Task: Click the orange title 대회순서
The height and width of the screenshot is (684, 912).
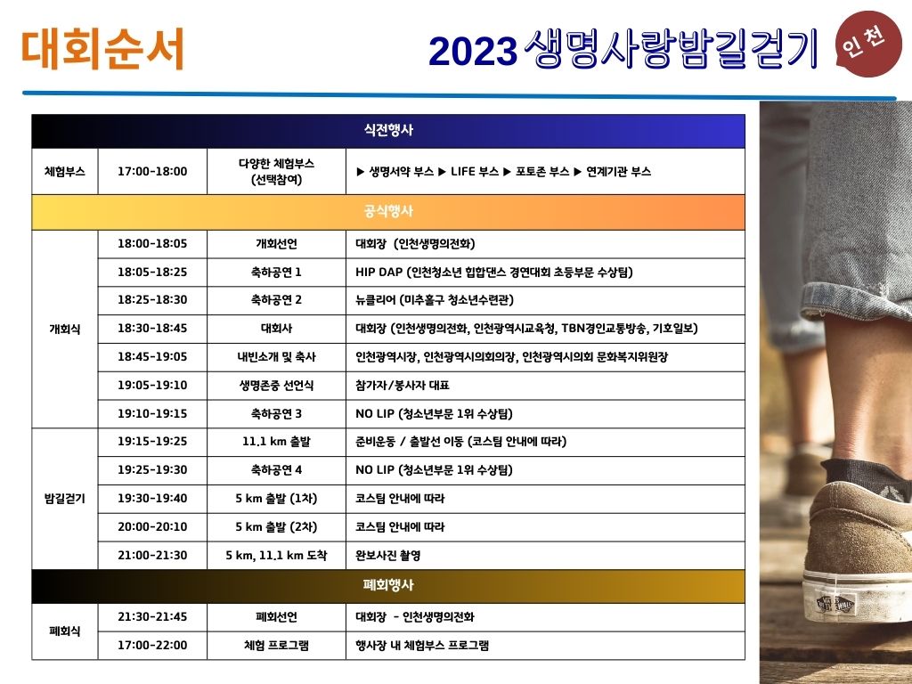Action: [102, 49]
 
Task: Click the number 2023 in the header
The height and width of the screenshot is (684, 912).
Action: [473, 51]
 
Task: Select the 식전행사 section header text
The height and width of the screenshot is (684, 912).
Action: [388, 130]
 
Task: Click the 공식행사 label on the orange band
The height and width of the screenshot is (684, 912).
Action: [388, 211]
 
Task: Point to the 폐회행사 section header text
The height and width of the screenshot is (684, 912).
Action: [388, 584]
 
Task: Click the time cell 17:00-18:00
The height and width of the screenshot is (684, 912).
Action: [152, 172]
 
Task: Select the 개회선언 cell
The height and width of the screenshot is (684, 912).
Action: [276, 244]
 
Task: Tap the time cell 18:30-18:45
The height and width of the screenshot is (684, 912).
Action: [152, 328]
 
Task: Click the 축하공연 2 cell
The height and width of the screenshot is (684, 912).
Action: [276, 300]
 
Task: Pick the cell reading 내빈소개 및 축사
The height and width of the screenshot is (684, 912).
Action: [276, 356]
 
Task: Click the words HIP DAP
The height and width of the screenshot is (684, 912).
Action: [379, 272]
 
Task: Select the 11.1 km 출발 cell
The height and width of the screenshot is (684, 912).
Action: [276, 442]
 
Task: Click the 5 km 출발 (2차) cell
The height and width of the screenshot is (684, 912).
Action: [276, 527]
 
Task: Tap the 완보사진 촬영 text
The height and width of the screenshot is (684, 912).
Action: [388, 556]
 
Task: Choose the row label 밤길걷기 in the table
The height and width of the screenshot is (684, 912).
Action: [64, 499]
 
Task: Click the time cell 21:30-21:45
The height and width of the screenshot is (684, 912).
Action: [152, 616]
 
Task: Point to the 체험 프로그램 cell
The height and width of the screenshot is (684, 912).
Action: [276, 645]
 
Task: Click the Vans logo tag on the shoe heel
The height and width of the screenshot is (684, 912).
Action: [835, 604]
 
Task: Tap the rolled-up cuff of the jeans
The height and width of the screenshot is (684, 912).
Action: [855, 303]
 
